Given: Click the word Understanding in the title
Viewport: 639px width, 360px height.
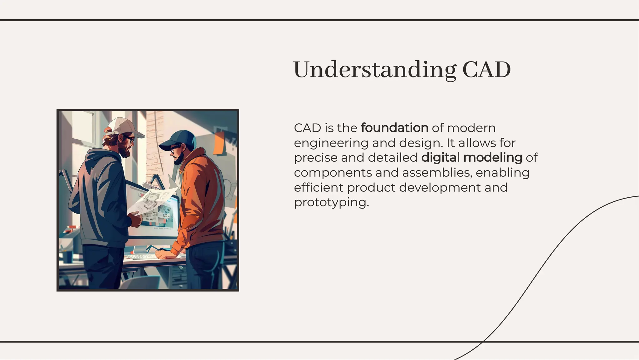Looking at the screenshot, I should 374,70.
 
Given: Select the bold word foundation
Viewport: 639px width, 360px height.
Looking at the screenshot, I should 394,128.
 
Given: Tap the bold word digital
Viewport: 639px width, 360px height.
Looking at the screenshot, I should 440,158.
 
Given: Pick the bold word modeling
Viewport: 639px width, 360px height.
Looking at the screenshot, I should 493,158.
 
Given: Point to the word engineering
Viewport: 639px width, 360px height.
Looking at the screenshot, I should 331,143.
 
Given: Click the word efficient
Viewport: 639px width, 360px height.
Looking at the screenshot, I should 318,188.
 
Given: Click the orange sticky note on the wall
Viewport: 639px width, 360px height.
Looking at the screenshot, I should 219,143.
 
